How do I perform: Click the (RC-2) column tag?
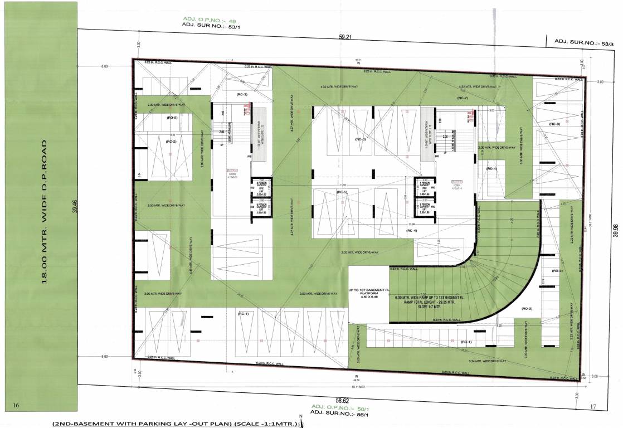(171, 142)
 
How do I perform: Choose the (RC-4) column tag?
(412, 230)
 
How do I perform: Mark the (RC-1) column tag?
(243, 314)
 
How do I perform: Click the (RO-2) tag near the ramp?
(528, 308)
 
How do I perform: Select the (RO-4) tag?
(491, 168)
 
